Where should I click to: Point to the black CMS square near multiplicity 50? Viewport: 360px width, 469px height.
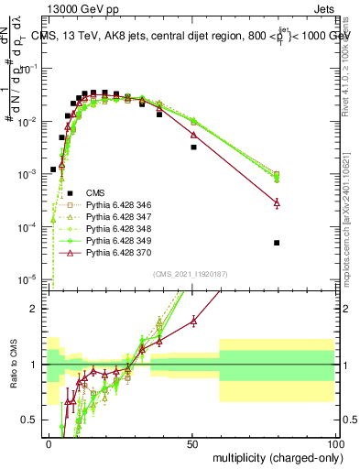click(193, 147)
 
